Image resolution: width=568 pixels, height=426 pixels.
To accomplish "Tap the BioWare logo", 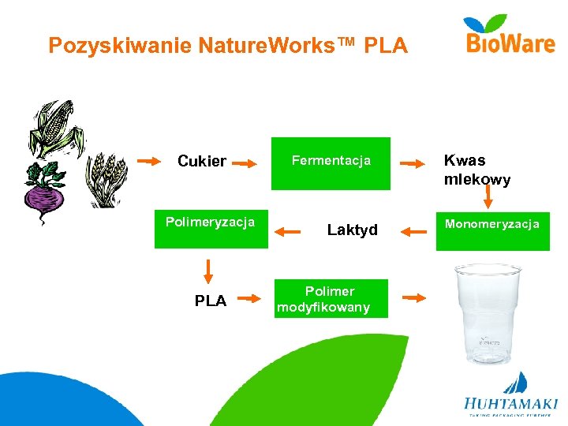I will coord(510,35).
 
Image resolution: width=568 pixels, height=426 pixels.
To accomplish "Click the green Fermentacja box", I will coord(331,163).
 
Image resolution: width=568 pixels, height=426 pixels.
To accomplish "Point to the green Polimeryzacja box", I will coord(211,228).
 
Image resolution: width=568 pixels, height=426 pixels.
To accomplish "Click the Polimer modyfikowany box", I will coord(331,299).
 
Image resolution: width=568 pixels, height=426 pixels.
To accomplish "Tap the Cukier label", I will coord(202,162).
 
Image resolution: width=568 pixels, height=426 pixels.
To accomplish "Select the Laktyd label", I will coord(352,230).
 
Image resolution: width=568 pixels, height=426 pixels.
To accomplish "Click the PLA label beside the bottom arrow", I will coord(211,301).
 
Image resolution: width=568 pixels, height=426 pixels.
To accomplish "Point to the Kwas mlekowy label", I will coord(476,170).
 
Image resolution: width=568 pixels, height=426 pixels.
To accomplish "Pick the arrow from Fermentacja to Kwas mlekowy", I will coord(413,164).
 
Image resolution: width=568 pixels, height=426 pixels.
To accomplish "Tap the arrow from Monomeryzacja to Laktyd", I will coord(413,231).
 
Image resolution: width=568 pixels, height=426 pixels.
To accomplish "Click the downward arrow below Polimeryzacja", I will coord(208,270).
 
